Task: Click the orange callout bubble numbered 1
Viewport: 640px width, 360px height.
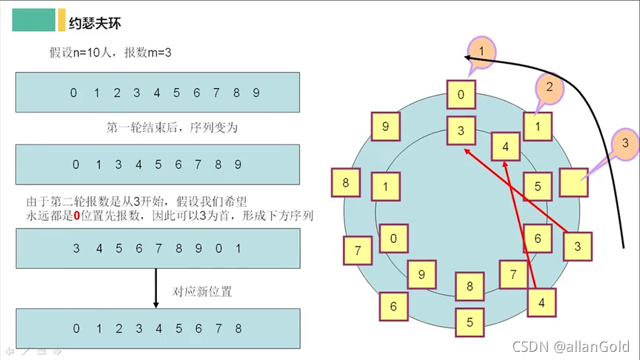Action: [482, 51]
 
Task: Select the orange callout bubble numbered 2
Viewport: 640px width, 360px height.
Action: [549, 87]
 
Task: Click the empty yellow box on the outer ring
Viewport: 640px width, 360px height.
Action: [573, 182]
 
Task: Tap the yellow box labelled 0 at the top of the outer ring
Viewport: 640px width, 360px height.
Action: [461, 95]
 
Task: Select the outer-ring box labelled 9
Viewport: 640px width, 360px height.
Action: [385, 127]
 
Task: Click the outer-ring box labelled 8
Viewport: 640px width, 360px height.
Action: [346, 182]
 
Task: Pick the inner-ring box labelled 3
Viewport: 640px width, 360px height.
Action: [461, 131]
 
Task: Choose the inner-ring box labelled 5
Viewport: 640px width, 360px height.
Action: [538, 187]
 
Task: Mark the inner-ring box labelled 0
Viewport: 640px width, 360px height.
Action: [393, 239]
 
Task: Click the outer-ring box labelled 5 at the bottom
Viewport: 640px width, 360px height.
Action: [470, 322]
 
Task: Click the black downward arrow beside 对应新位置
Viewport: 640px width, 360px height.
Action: [156, 288]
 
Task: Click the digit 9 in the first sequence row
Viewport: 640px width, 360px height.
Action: [256, 93]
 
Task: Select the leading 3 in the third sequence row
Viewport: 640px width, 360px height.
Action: [76, 249]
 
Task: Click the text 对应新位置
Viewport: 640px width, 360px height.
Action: [202, 291]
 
